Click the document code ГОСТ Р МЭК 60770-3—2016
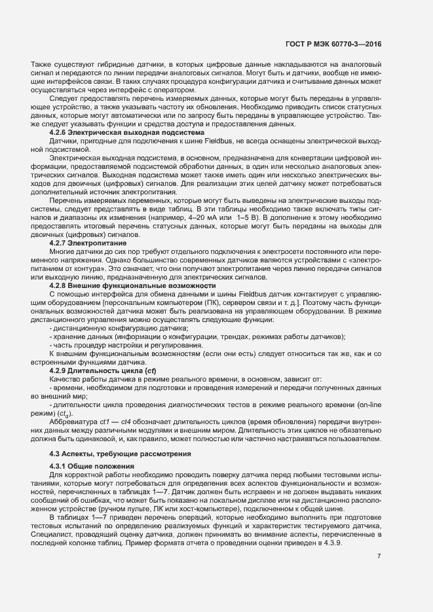(333, 45)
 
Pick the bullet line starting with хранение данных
(197, 337)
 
